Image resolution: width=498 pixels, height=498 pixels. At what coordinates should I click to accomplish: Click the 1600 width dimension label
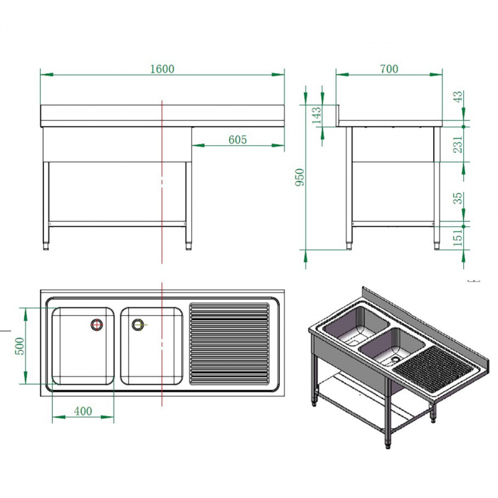coord(162,69)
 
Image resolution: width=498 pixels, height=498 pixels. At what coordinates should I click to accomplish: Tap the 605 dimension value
coord(238,139)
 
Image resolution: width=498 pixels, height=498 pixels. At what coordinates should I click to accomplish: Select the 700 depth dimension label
coord(388,69)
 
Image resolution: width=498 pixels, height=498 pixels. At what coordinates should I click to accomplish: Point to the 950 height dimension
coord(300,177)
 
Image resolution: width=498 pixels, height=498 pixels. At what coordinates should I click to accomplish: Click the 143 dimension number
coord(317,115)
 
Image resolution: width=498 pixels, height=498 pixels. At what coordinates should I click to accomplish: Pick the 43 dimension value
coord(457,97)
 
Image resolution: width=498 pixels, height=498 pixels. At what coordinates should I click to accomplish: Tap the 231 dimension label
coord(457,144)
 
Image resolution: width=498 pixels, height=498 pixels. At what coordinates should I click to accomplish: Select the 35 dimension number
coord(457,198)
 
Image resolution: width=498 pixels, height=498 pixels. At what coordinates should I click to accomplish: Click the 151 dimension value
coord(457,237)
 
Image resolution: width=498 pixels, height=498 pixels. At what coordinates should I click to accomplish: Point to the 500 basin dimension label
coord(20,346)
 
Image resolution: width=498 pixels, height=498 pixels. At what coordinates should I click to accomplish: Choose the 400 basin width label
coord(83,411)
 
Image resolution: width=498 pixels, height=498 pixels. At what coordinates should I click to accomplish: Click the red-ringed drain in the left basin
coord(97,324)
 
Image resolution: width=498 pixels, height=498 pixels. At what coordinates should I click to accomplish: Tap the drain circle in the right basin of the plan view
coord(138,324)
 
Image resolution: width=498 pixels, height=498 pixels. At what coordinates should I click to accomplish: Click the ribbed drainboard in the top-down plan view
coord(229,344)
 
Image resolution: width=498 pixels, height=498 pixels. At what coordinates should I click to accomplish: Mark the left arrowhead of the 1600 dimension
coord(47,75)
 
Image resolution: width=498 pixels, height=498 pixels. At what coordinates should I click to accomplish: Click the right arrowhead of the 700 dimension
coord(436,75)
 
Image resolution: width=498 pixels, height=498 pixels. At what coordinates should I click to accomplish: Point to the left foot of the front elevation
coord(46,246)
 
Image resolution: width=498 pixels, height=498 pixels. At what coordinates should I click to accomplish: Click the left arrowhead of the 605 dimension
coord(198,145)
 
